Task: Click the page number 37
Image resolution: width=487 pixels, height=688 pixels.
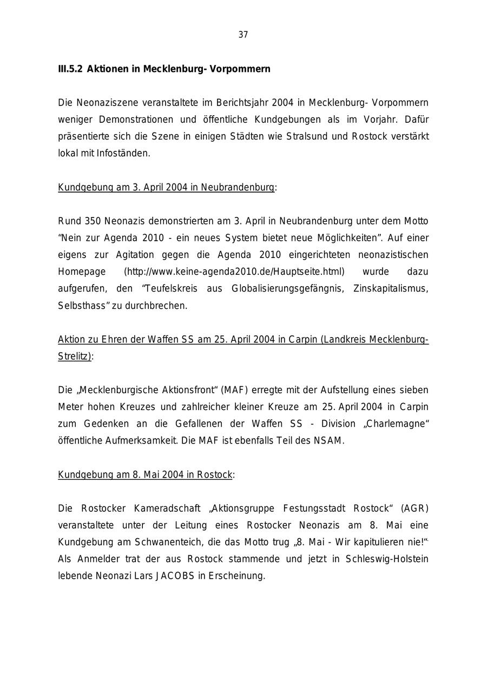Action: (243, 35)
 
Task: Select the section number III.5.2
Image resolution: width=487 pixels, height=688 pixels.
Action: (70, 69)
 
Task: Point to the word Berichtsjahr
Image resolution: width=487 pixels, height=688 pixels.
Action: (242, 103)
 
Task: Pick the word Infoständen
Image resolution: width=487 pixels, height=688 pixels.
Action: (123, 153)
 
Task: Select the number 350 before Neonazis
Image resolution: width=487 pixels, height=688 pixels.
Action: (93, 221)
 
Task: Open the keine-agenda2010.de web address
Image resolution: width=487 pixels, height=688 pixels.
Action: (234, 272)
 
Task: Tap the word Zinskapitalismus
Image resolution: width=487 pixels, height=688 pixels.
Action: (390, 288)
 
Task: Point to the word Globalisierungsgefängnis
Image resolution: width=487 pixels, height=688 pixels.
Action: (287, 288)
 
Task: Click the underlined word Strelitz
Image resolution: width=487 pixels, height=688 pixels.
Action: (74, 356)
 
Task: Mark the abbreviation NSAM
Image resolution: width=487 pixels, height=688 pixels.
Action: (328, 440)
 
